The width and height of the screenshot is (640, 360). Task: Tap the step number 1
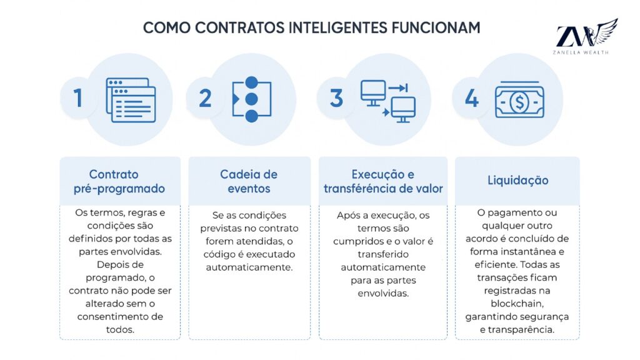click(77, 98)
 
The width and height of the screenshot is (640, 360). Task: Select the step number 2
click(205, 98)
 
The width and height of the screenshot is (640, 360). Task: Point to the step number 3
click(336, 98)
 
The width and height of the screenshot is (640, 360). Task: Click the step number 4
click(472, 98)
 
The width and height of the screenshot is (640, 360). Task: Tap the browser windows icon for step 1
click(131, 100)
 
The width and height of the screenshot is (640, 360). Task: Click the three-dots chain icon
click(251, 99)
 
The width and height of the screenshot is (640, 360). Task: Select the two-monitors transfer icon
click(388, 101)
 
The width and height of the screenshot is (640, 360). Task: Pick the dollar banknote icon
click(519, 100)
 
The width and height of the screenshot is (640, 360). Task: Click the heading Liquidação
click(518, 181)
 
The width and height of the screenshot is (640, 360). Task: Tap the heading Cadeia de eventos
click(249, 181)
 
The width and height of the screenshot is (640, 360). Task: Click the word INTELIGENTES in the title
click(338, 27)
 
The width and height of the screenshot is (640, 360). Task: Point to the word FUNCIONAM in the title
click(436, 27)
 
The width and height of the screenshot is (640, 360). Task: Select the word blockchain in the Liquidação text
click(517, 304)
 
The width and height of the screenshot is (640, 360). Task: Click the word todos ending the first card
click(120, 329)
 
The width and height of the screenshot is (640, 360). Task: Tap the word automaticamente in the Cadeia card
click(249, 267)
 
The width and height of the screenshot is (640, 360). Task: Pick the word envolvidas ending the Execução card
click(383, 294)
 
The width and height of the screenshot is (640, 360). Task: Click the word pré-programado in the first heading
click(119, 189)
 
